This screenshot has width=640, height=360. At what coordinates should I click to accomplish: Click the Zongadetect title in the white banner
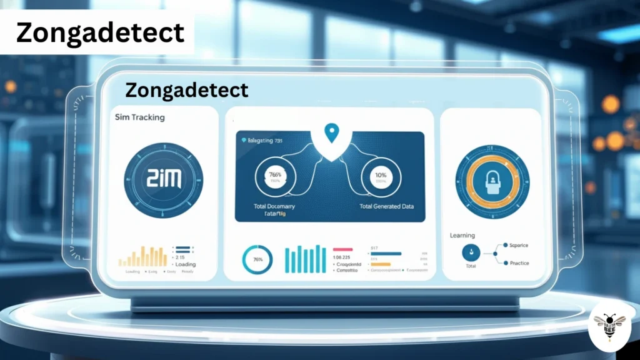[100, 32]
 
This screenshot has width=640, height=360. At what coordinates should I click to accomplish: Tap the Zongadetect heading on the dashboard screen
[187, 90]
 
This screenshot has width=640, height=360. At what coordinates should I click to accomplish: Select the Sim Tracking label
[140, 117]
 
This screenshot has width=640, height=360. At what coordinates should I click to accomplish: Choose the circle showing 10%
[382, 177]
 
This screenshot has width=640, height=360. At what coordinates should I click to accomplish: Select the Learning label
[462, 235]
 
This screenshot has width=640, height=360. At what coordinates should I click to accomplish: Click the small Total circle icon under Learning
[470, 252]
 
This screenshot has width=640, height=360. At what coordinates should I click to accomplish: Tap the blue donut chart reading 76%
[257, 259]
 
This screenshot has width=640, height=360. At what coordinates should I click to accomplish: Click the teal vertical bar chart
[305, 259]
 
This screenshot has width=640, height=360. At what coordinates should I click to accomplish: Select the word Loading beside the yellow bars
[186, 264]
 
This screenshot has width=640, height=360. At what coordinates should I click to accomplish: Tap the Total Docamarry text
[274, 206]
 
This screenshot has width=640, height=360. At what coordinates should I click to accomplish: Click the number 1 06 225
[342, 257]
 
